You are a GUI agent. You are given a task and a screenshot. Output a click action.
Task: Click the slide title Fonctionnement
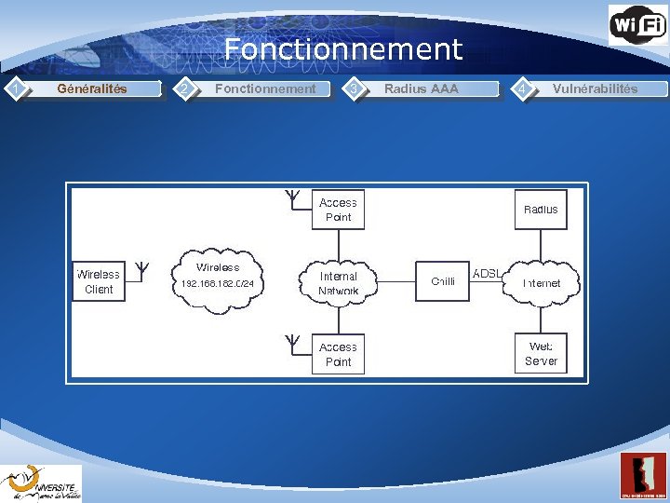(x=342, y=48)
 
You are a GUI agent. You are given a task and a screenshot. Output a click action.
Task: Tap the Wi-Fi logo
(x=637, y=24)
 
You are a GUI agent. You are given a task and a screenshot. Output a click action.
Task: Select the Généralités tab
(x=92, y=89)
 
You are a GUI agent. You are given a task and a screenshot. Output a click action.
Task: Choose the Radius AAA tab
(x=421, y=89)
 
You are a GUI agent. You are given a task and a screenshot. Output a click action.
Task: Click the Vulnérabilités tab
(x=595, y=89)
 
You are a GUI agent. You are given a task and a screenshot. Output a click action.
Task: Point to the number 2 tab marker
(x=185, y=89)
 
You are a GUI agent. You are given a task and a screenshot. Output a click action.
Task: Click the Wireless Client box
(x=98, y=281)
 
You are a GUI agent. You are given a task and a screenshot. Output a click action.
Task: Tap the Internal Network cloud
(x=338, y=282)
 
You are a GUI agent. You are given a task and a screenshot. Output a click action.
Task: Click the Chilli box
(x=443, y=281)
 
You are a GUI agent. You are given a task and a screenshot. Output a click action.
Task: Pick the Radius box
(x=541, y=210)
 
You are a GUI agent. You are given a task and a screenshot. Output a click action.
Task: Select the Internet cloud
(x=541, y=282)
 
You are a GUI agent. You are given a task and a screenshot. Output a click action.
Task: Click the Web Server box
(x=541, y=353)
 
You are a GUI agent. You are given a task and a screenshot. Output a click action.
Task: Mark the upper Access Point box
(x=338, y=210)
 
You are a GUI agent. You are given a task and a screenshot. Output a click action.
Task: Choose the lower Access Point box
(x=338, y=354)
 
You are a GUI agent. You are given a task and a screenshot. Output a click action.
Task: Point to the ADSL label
(x=487, y=274)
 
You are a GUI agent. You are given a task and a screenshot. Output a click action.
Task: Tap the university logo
(x=41, y=483)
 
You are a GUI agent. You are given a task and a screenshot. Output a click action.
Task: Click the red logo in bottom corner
(x=643, y=476)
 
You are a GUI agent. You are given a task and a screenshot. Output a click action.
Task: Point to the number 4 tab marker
(x=525, y=89)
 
